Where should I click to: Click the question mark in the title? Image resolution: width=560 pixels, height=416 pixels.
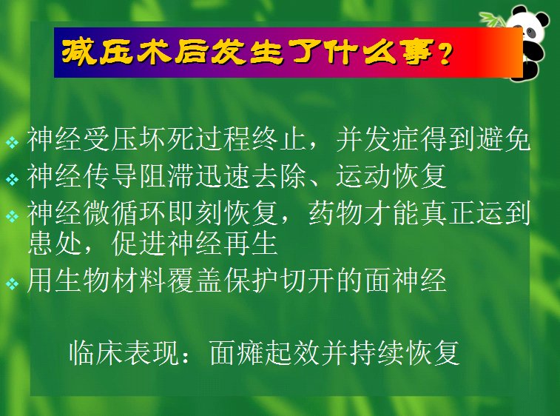pos(445,53)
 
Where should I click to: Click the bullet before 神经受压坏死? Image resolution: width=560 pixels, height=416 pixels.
pos(12,143)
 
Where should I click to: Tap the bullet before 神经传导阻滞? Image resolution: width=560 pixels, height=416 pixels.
pos(12,178)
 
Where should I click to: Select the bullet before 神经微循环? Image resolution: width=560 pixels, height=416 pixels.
pos(12,216)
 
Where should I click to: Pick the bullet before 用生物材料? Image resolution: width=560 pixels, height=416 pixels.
pos(12,284)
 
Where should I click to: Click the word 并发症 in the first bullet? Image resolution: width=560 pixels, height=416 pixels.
pos(377,139)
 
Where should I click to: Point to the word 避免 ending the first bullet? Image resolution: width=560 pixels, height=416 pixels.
pos(502,139)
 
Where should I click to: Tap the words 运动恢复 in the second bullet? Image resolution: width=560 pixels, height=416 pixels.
pos(391,176)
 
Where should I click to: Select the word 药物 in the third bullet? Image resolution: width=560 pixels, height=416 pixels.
pos(336,214)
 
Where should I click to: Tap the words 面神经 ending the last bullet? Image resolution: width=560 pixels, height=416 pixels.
pos(405,281)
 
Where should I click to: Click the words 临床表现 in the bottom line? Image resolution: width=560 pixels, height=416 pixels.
pos(124,352)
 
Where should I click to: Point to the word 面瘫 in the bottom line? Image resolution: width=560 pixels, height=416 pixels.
pos(237,352)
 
